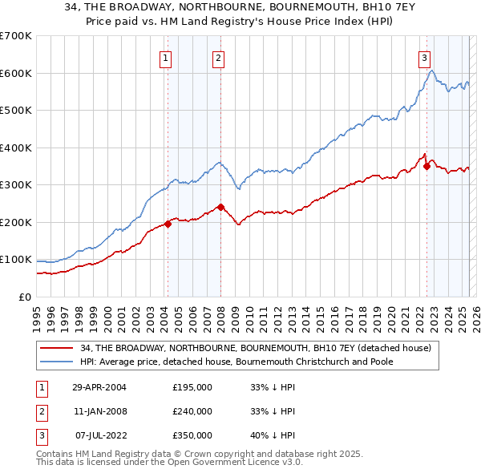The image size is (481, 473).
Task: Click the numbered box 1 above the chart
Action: [164, 57]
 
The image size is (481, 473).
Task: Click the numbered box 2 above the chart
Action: [218, 57]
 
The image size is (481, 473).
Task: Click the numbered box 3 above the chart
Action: [423, 57]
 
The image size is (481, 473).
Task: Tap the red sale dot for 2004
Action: [168, 224]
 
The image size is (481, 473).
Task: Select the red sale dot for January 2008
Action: [220, 207]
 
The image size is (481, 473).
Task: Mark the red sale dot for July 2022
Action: [426, 167]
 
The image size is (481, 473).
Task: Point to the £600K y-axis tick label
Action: [16, 73]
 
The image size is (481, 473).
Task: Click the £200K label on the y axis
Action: [16, 222]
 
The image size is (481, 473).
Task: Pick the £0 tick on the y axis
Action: [26, 297]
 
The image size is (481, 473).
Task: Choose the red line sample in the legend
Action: [56, 348]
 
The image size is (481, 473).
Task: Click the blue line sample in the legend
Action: [56, 362]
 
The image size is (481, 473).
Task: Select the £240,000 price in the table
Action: [192, 411]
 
